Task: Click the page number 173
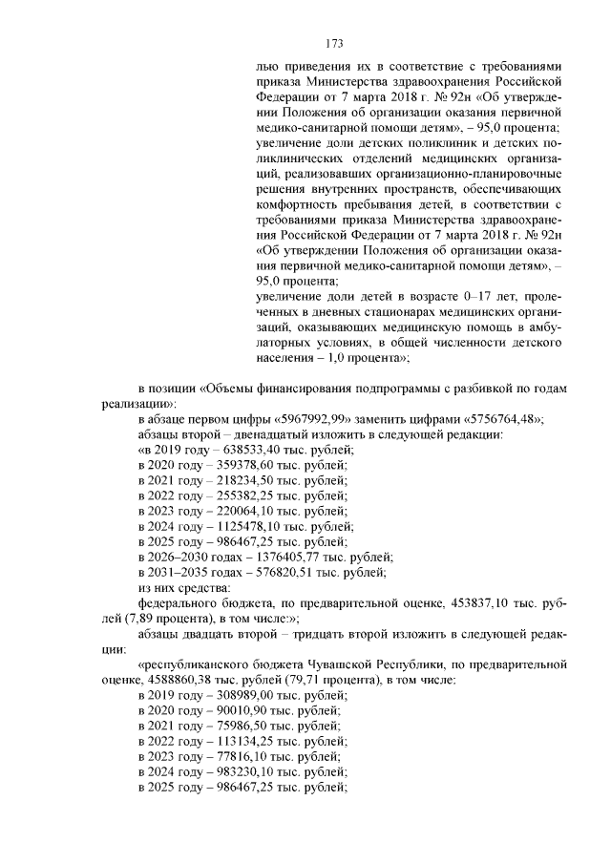coord(333,43)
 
